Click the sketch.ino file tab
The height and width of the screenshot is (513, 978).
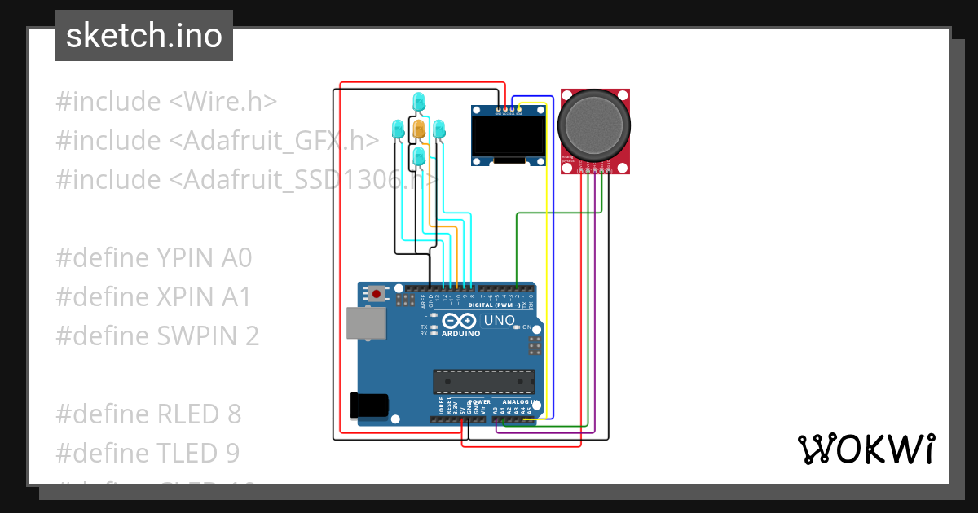144,36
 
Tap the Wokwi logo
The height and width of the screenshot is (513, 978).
866,449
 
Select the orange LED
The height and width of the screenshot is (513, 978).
419,129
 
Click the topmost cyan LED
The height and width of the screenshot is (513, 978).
419,102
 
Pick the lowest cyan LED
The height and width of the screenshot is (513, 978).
419,156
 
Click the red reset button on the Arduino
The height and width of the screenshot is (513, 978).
377,293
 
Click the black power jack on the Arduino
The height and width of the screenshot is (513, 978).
368,406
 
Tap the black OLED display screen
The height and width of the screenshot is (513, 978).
509,136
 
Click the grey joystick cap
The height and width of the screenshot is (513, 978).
594,125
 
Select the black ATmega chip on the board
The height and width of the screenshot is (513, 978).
483,381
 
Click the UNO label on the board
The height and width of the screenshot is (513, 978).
499,321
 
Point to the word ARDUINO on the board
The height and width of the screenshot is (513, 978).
460,333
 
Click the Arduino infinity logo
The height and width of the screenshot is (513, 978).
460,321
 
